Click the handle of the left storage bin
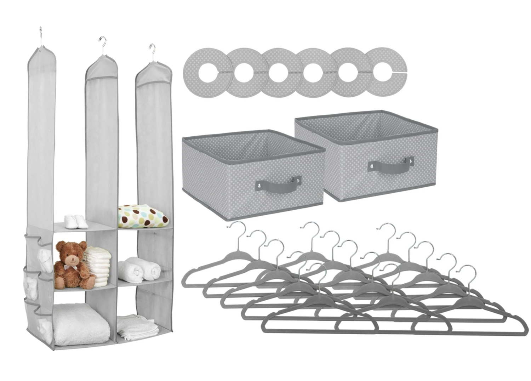point(279,185)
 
